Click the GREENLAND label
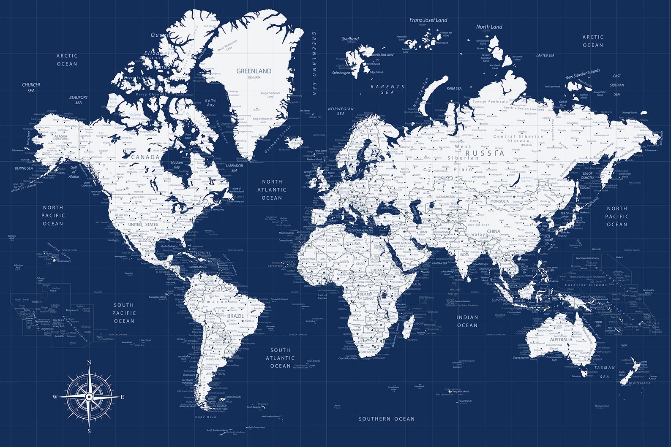click(254, 71)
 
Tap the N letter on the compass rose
click(89, 363)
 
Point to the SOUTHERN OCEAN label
click(387, 419)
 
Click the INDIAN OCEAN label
click(467, 321)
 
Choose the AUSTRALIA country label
click(561, 339)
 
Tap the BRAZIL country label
click(235, 316)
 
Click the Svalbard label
click(350, 39)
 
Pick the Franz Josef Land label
click(428, 20)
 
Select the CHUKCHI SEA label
click(31, 87)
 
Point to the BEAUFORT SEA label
click(79, 100)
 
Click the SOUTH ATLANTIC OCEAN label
click(280, 358)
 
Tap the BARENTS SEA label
click(387, 89)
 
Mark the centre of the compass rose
click(89, 397)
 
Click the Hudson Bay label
click(177, 165)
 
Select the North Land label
click(489, 27)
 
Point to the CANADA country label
click(145, 157)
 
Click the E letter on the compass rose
click(123, 397)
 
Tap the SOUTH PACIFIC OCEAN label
click(124, 313)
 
